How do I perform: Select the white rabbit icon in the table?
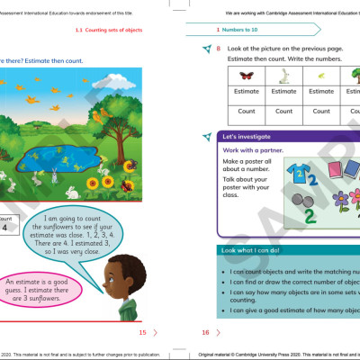(283, 75)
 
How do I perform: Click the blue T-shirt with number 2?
(298, 173)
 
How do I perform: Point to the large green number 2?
(310, 214)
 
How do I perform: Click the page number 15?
(141, 332)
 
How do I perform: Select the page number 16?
(205, 332)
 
